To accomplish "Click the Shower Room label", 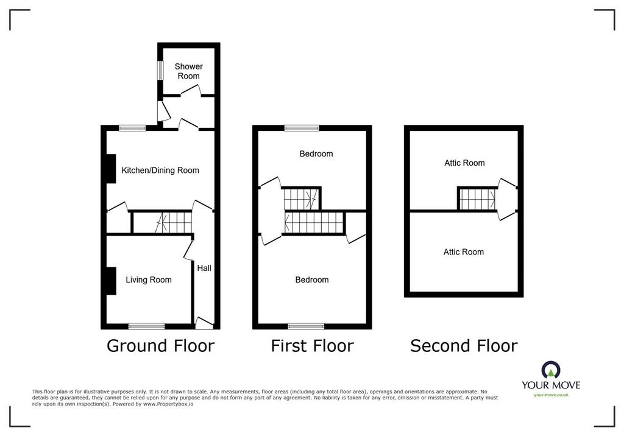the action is click(x=189, y=71).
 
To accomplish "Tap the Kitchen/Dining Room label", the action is click(x=160, y=171).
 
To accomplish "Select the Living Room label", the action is click(x=149, y=280).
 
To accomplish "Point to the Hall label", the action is click(x=204, y=268).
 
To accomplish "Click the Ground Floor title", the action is click(x=160, y=346).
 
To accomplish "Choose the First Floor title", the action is click(x=312, y=346).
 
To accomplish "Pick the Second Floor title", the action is click(x=464, y=346).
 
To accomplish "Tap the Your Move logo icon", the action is click(x=551, y=370).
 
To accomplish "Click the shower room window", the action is click(x=160, y=70).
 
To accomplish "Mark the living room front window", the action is click(x=146, y=326).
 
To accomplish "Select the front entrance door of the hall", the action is click(x=204, y=323).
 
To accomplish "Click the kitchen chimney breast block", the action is click(x=111, y=169).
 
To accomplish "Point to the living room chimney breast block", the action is click(x=111, y=281).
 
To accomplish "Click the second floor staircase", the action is click(x=477, y=199).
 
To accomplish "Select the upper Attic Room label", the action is click(x=464, y=163).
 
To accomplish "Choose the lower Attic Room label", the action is click(x=464, y=252).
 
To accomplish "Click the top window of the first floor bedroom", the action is click(x=302, y=128).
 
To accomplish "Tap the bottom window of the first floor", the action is click(x=306, y=326).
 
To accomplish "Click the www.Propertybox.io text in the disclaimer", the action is click(x=168, y=404).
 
